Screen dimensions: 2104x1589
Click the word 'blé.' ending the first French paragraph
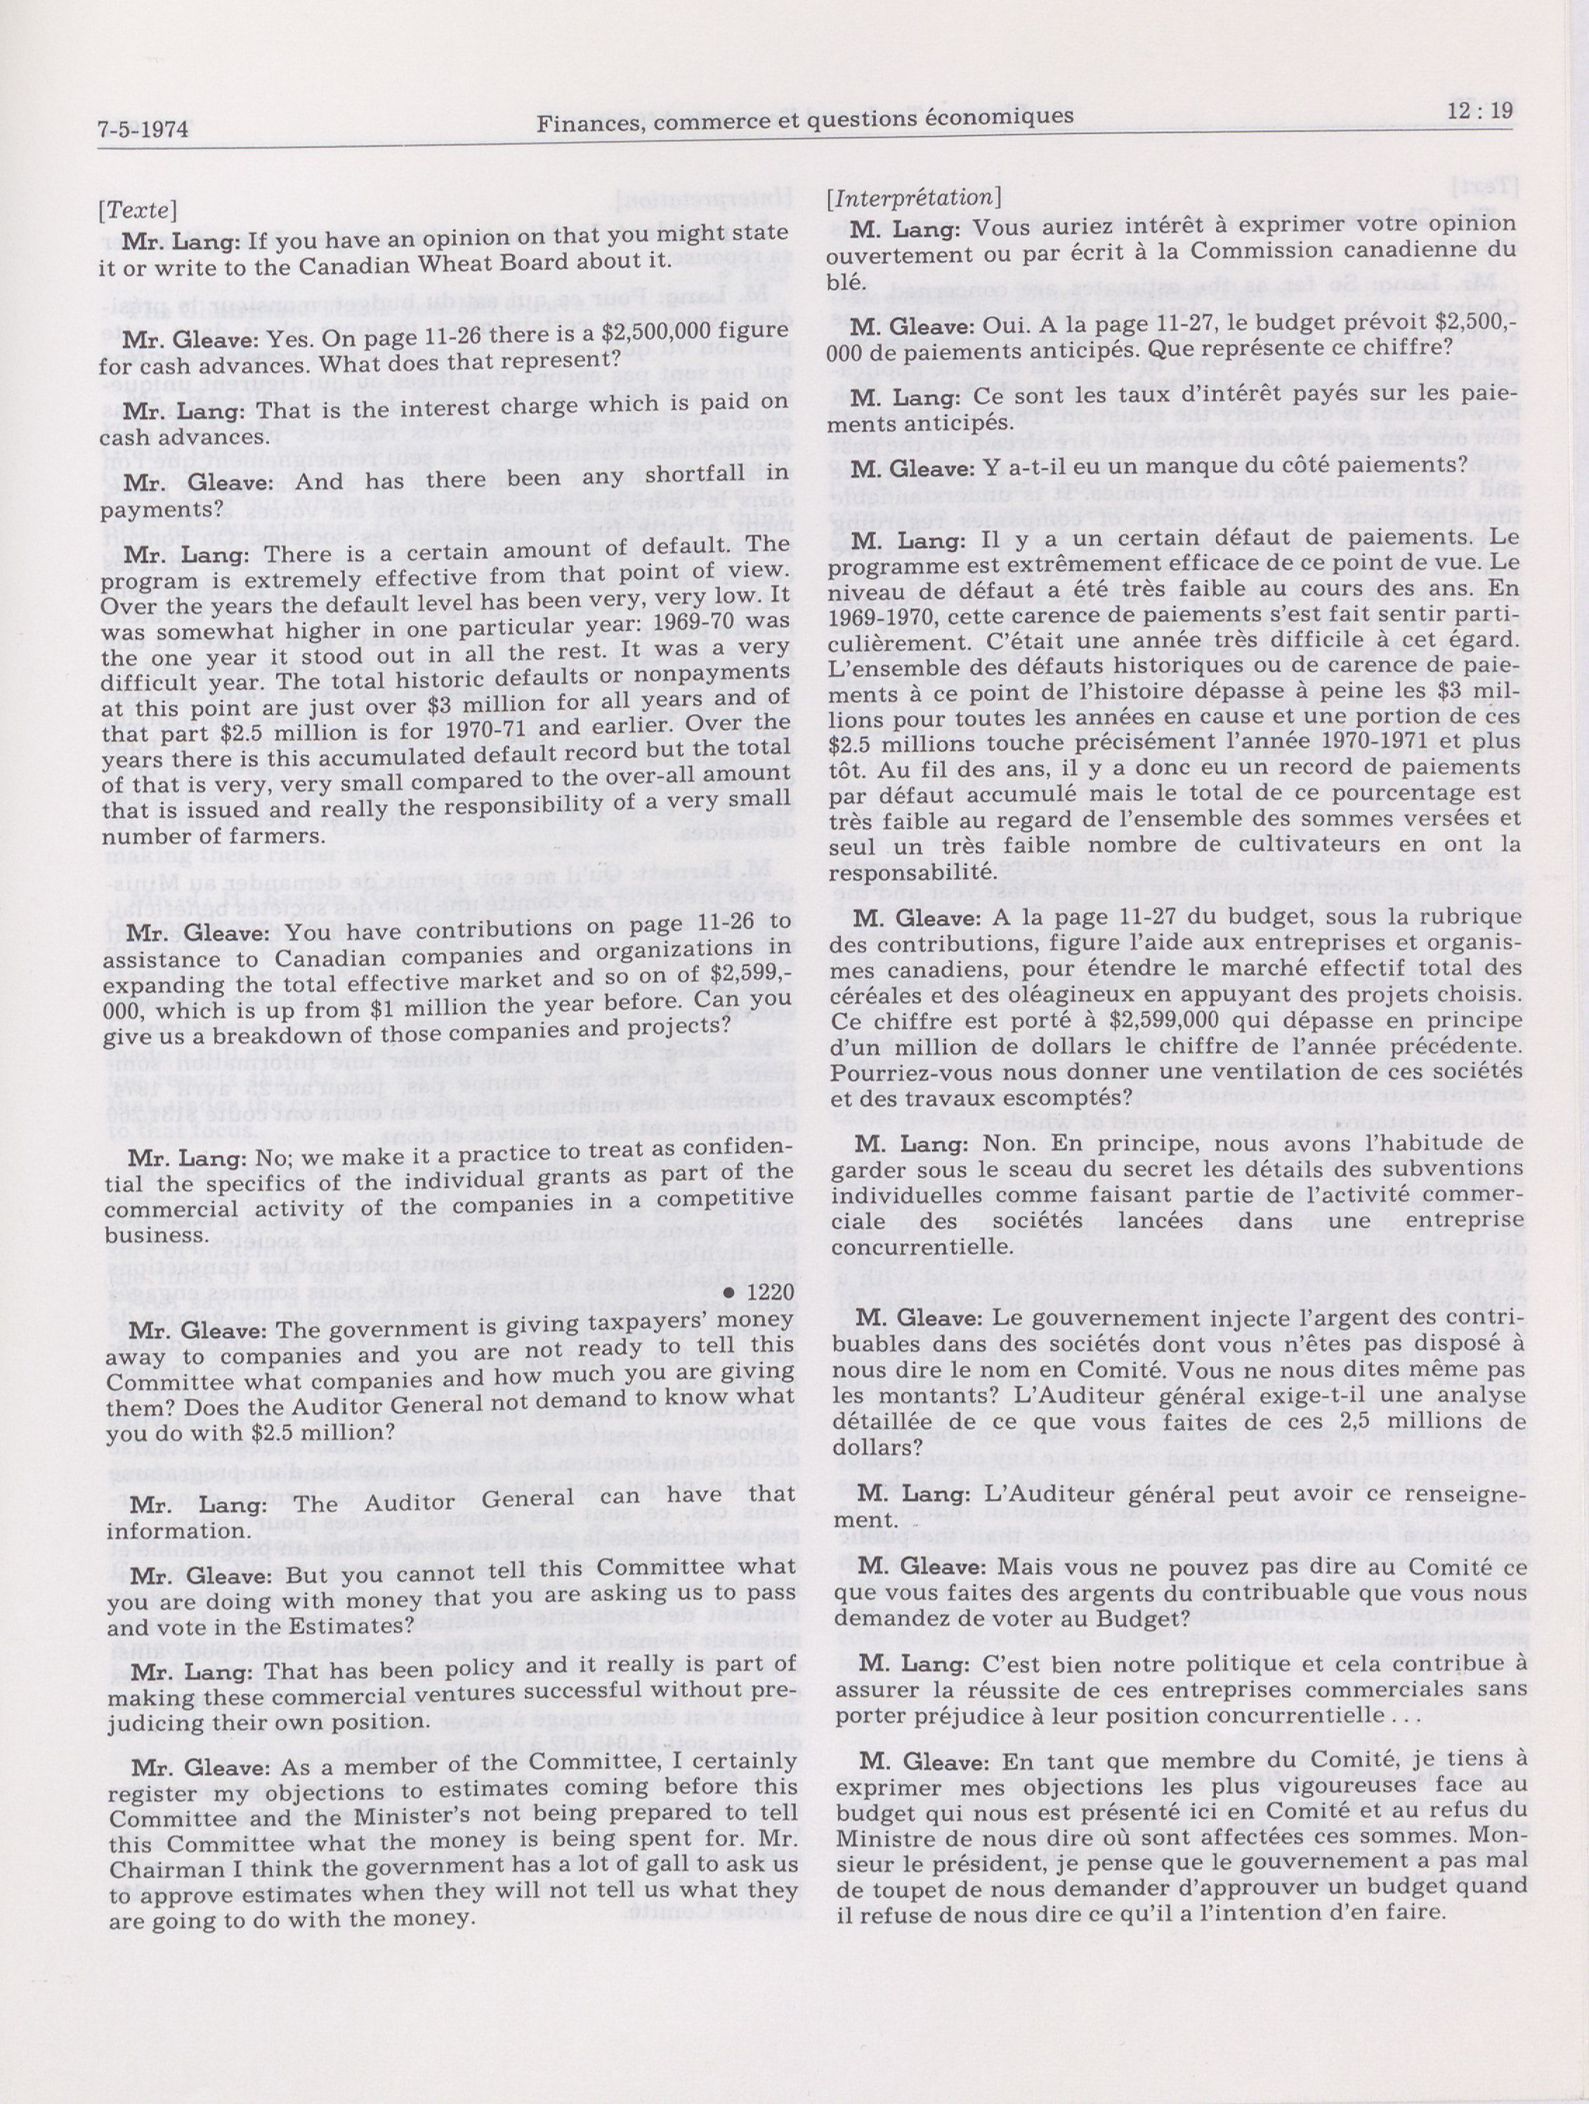pos(846,282)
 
